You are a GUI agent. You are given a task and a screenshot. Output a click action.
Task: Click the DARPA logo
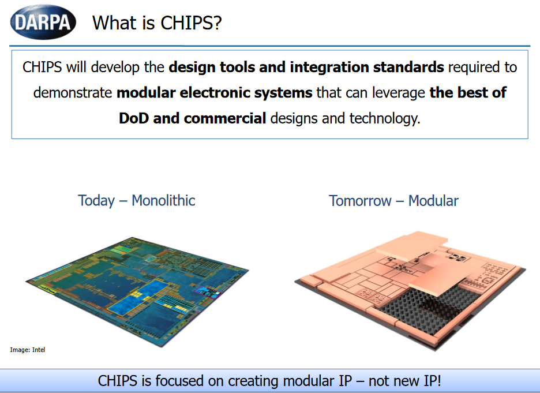click(x=43, y=22)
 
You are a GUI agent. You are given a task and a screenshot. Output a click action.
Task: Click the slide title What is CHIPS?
click(x=157, y=23)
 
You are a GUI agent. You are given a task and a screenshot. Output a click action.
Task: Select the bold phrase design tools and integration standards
click(x=306, y=67)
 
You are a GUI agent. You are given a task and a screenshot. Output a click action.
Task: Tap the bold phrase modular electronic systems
click(x=214, y=93)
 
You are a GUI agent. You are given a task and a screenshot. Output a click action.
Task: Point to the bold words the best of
click(x=468, y=93)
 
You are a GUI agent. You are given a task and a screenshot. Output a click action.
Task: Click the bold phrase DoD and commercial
click(x=192, y=118)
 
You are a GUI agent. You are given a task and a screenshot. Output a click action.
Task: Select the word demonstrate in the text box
click(x=73, y=93)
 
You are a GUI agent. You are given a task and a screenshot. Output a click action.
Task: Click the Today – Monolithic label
click(x=137, y=201)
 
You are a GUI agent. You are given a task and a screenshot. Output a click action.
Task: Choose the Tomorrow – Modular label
click(x=393, y=201)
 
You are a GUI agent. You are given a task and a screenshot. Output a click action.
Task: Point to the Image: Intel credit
click(x=28, y=350)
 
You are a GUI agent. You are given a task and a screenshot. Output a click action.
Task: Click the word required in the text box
click(x=482, y=67)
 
